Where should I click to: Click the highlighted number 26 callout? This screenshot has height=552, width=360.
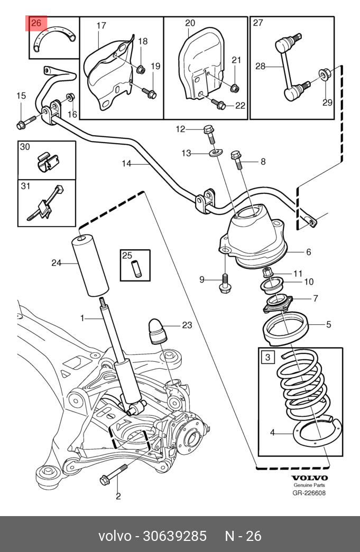pyautogui.click(x=37, y=23)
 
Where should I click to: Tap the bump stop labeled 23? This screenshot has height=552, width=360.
pyautogui.click(x=158, y=331)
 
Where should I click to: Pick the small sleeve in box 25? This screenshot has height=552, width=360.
pyautogui.click(x=136, y=268)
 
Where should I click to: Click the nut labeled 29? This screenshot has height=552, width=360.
pyautogui.click(x=324, y=75)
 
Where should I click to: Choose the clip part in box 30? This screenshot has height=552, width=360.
pyautogui.click(x=48, y=162)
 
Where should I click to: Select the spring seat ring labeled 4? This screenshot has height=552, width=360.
pyautogui.click(x=312, y=434)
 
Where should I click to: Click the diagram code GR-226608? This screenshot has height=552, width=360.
pyautogui.click(x=309, y=493)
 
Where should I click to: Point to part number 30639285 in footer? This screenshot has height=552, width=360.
pyautogui.click(x=175, y=536)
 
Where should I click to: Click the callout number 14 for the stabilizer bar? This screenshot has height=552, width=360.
pyautogui.click(x=126, y=164)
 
